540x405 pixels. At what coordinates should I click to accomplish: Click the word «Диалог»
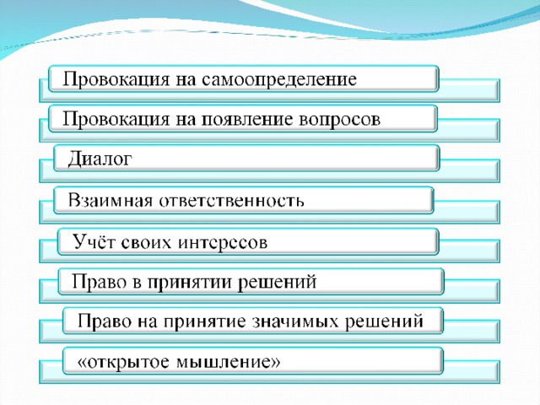coord(100,159)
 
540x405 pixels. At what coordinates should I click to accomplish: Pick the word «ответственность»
coord(231,201)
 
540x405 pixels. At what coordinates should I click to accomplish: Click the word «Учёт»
coord(94,241)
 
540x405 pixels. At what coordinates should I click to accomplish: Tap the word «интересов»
coord(223,242)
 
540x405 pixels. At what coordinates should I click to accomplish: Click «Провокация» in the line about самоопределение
coord(116,80)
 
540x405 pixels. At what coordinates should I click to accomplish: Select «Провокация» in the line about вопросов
coord(116,120)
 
